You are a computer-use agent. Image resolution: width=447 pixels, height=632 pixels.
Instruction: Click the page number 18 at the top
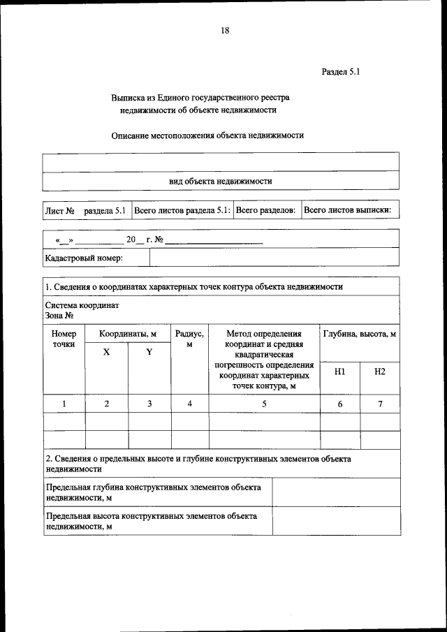pos(224,30)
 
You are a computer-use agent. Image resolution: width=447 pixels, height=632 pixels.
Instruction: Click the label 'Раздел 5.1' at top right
pos(340,72)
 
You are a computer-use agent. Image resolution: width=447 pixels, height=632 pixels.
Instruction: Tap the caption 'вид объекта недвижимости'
pos(220,181)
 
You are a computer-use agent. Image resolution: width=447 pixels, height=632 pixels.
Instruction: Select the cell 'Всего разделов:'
pos(265,210)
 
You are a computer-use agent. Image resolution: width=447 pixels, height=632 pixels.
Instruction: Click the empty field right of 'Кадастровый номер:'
pos(274,258)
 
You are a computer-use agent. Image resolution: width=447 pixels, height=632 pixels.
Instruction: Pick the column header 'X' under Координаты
pos(106,352)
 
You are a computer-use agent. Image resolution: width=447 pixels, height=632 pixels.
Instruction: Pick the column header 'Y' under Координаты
pos(149,352)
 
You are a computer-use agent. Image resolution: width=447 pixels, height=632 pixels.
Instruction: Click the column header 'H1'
pos(339,372)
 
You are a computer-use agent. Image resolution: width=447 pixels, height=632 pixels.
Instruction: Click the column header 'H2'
pos(379,372)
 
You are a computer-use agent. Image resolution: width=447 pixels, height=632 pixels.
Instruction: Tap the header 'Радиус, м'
pos(189,339)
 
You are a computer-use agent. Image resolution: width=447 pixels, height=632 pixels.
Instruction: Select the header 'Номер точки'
pos(64,339)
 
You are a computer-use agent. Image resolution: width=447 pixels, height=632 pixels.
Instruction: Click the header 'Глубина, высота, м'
pos(360,335)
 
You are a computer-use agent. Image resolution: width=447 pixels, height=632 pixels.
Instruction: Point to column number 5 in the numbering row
pos(264,404)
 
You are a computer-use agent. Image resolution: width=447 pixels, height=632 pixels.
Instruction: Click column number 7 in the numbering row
pos(379,404)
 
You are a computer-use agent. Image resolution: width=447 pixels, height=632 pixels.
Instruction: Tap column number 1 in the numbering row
pos(64,404)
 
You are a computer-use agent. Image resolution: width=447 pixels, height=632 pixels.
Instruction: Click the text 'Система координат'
pos(82,306)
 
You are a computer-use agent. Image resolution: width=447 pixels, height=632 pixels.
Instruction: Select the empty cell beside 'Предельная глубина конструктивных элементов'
pos(336,492)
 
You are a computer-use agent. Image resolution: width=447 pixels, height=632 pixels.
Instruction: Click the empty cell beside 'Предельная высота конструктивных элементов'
pos(336,521)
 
